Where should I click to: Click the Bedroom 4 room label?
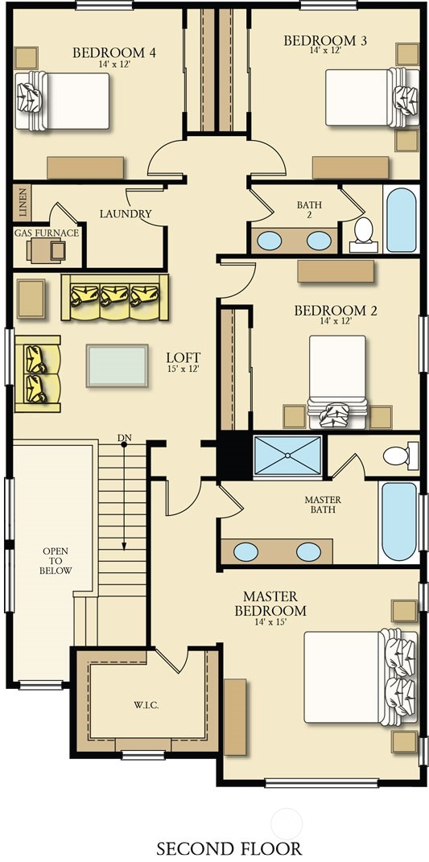pyautogui.click(x=113, y=53)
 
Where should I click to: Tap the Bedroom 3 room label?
pyautogui.click(x=325, y=41)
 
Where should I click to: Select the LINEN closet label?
pyautogui.click(x=23, y=203)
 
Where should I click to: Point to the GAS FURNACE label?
pyautogui.click(x=47, y=233)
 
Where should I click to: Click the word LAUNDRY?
pyautogui.click(x=126, y=214)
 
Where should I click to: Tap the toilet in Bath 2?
pyautogui.click(x=364, y=234)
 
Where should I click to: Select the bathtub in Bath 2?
pyautogui.click(x=402, y=220)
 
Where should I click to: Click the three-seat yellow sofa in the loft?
pyautogui.click(x=115, y=298)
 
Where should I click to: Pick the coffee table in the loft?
pyautogui.click(x=118, y=365)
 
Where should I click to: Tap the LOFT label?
pyautogui.click(x=184, y=358)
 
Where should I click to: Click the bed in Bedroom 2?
pyautogui.click(x=337, y=381)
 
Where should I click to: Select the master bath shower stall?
pyautogui.click(x=287, y=456)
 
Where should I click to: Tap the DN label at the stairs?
pyautogui.click(x=124, y=438)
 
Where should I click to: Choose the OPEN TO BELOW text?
pyautogui.click(x=56, y=561)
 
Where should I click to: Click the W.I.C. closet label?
pyautogui.click(x=146, y=705)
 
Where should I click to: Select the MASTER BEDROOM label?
pyautogui.click(x=270, y=604)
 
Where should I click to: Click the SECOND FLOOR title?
pyautogui.click(x=229, y=848)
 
